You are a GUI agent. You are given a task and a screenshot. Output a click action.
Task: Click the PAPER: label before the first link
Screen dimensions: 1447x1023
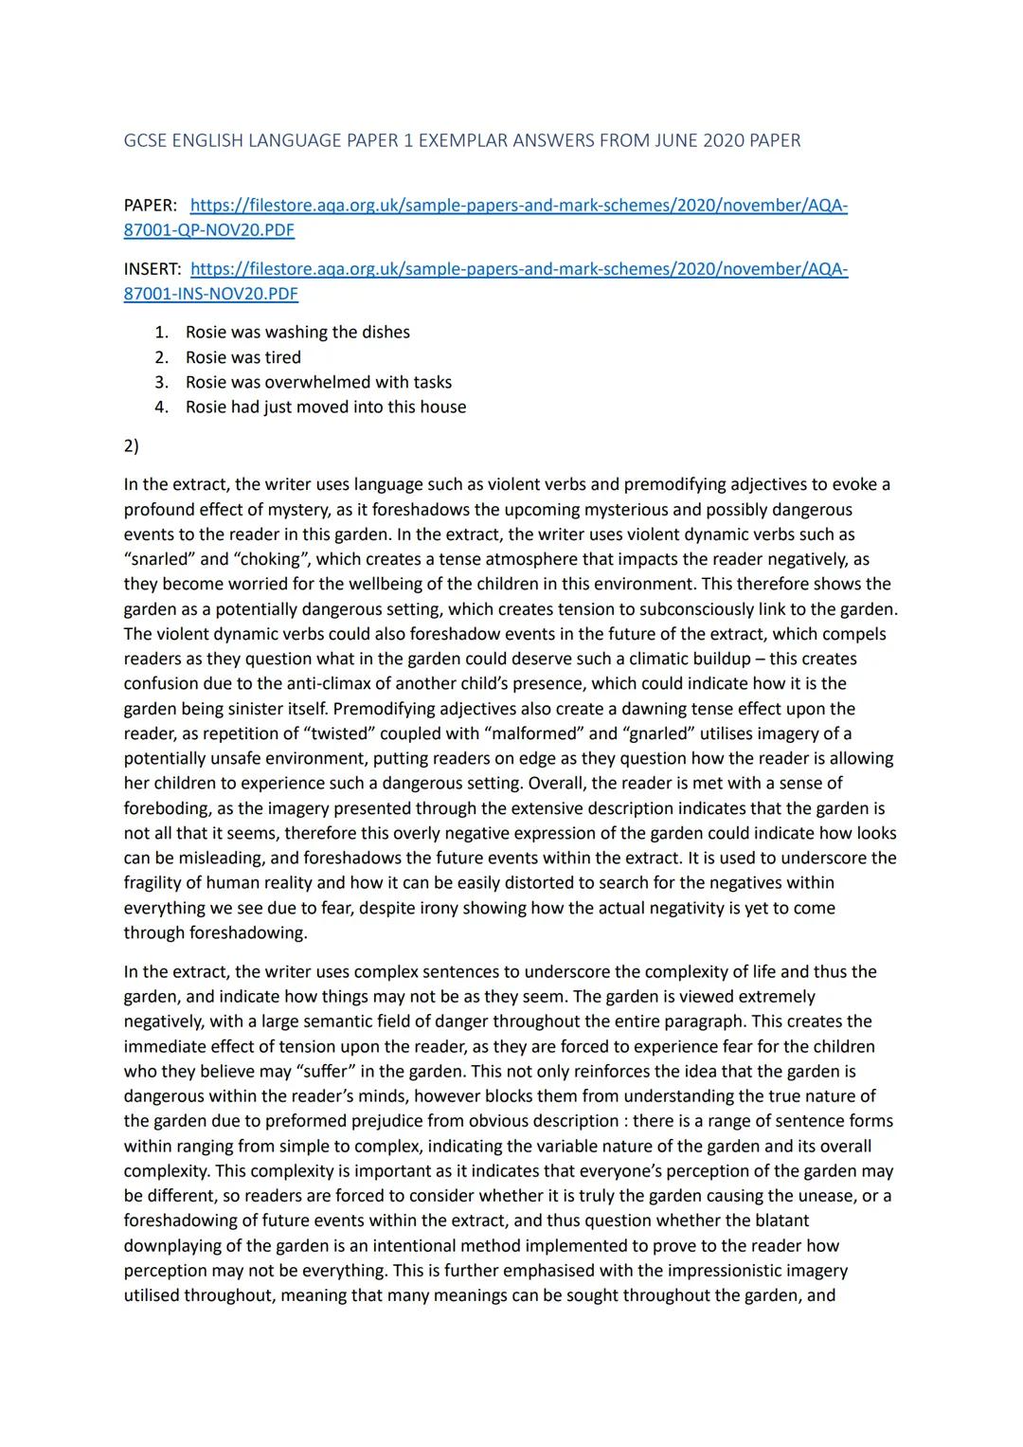coord(150,206)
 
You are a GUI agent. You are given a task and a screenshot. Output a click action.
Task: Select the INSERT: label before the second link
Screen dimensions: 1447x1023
coord(152,269)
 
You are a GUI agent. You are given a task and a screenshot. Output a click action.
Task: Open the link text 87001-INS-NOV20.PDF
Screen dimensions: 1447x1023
coord(210,294)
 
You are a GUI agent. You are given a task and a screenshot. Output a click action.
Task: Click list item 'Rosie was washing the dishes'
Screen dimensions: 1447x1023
coord(297,333)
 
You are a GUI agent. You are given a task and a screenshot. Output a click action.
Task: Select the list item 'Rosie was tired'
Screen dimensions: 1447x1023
coord(243,357)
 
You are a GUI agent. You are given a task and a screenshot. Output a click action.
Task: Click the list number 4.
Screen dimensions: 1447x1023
coord(162,407)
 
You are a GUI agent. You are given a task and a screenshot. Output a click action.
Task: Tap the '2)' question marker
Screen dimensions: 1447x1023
coord(131,445)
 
